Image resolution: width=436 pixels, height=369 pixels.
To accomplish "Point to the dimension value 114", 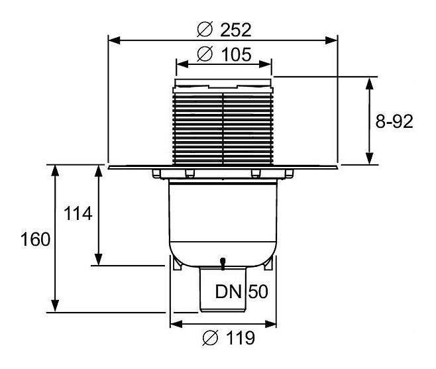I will coord(78,214).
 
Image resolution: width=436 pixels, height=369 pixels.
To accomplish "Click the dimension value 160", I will coord(35,239).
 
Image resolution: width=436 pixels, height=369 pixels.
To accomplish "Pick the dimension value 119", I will coord(237,339).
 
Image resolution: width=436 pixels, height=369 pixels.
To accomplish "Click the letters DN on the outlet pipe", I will coord(228,291).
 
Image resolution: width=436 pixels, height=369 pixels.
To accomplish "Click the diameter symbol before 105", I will coord(204,56).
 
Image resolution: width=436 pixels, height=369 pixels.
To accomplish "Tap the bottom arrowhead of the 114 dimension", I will coord(99,260).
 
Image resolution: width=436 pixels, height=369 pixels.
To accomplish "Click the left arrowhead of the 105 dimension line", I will coord(180,65).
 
